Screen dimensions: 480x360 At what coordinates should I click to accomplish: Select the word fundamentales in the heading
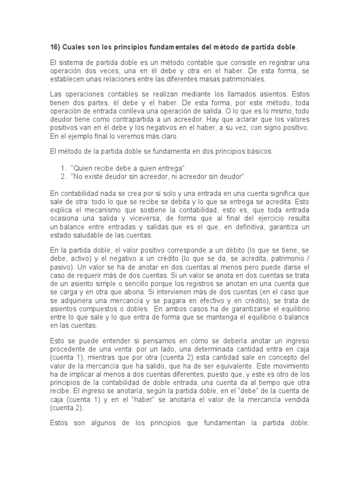165,47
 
